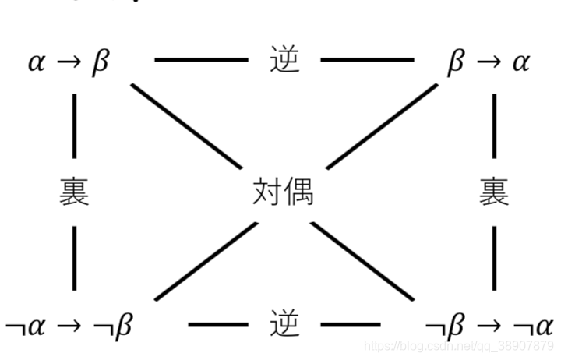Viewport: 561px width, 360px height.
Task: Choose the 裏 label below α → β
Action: click(74, 192)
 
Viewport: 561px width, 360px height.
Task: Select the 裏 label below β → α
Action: click(494, 192)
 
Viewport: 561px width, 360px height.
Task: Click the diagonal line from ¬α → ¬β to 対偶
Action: click(206, 261)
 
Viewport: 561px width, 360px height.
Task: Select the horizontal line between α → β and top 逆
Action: click(201, 59)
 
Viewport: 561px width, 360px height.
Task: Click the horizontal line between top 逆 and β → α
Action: click(368, 59)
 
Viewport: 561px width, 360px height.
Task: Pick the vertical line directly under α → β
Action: click(74, 125)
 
